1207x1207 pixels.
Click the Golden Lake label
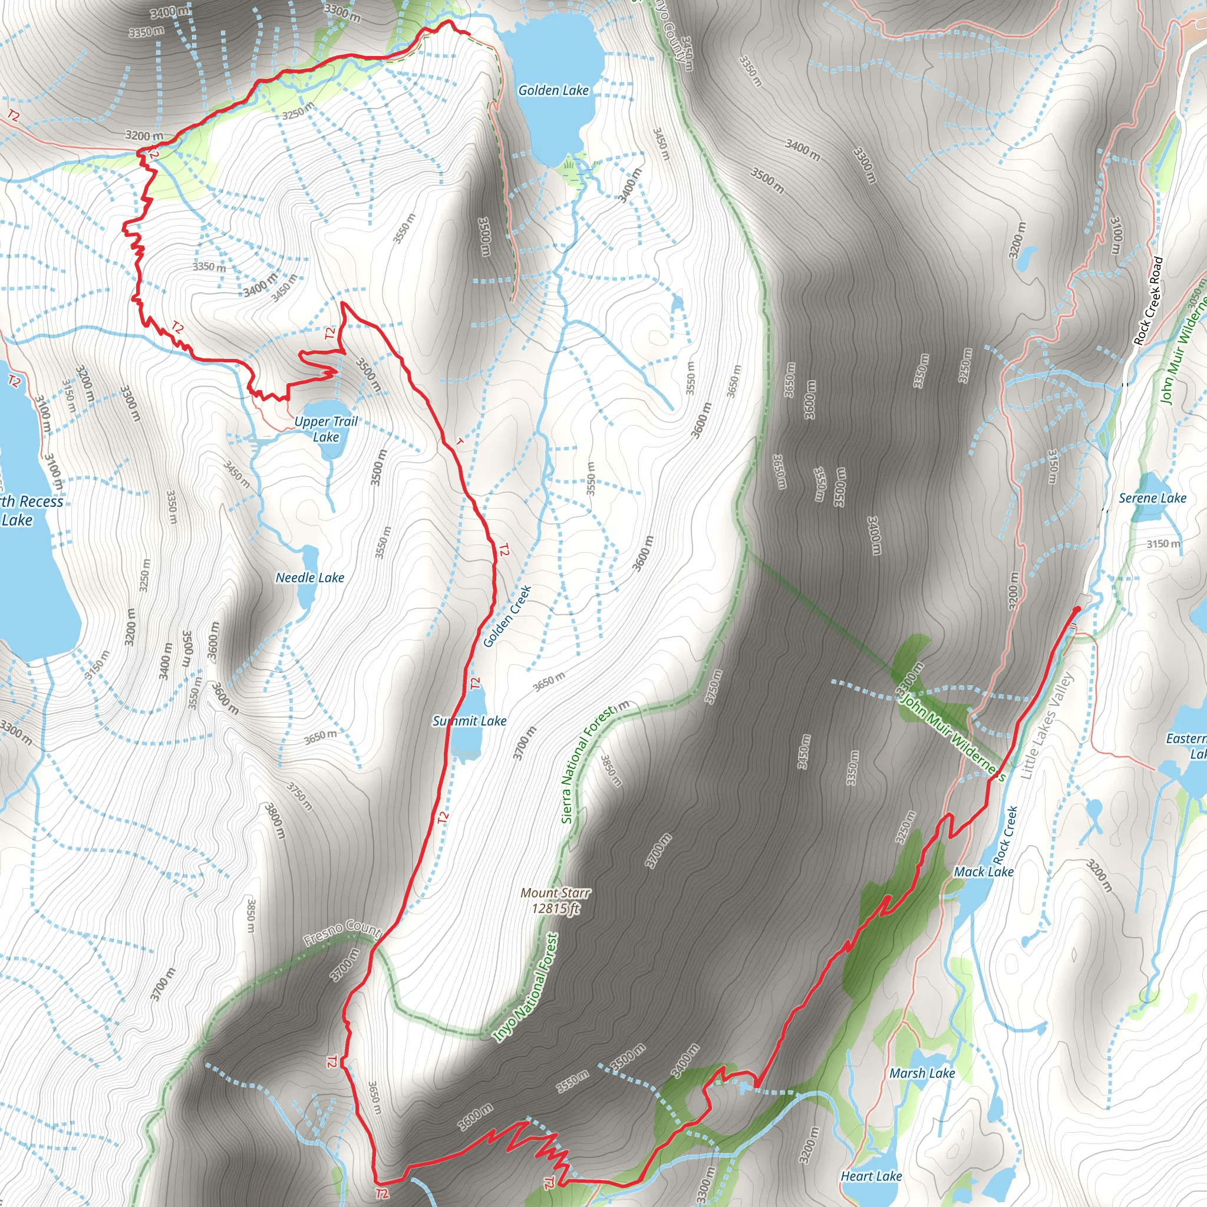553,91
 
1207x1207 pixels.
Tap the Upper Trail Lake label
326,429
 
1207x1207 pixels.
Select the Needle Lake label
310,578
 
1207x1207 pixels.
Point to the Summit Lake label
470,721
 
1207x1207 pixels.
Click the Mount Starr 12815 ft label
555,901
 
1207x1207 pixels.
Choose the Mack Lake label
984,872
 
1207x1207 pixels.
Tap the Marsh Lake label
922,1073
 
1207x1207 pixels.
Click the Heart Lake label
871,1176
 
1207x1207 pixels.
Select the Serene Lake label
1152,498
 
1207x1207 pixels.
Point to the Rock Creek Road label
1149,301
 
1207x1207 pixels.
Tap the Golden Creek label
507,616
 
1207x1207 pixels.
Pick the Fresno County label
342,931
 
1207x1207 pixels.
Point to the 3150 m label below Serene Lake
1163,543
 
